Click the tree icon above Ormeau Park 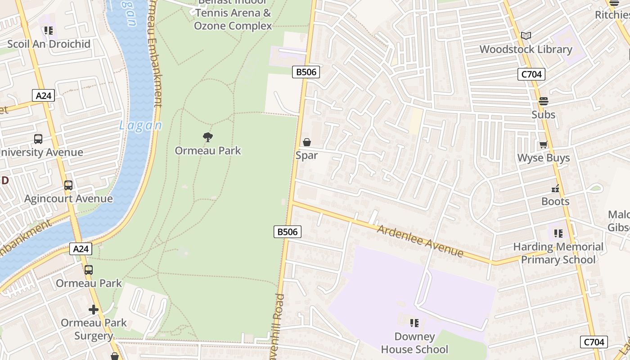pos(207,137)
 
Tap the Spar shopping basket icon pos(307,143)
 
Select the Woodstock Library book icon pos(526,36)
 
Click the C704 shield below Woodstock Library pos(531,74)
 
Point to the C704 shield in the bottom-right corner pos(594,342)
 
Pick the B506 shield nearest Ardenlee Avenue pos(287,232)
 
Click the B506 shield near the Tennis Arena pos(306,72)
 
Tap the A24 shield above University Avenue pos(44,95)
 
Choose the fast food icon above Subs pos(544,101)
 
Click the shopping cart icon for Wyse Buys pos(544,144)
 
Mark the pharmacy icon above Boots pos(555,188)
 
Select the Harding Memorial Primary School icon pos(558,233)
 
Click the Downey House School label pos(414,343)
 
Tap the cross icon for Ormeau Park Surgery pos(94,310)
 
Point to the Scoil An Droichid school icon pos(49,31)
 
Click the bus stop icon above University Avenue pos(38,139)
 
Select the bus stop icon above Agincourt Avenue pos(68,185)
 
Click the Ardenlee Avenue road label pos(420,241)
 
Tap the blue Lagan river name pos(140,126)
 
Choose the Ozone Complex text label pos(233,26)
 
